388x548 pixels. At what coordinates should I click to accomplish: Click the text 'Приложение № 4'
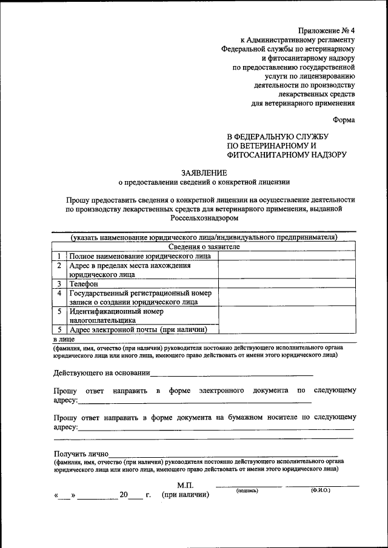tap(327, 30)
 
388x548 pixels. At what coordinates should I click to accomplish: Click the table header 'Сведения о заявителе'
tap(204, 246)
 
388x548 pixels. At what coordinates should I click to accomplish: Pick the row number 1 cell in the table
tap(59, 256)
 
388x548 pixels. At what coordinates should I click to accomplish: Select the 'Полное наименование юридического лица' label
tap(140, 256)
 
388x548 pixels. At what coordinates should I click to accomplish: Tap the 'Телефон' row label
tap(84, 283)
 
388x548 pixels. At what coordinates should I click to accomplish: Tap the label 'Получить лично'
tap(81, 454)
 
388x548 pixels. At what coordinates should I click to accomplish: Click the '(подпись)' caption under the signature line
tap(247, 490)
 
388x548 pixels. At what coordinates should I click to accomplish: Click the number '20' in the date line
tap(124, 495)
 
